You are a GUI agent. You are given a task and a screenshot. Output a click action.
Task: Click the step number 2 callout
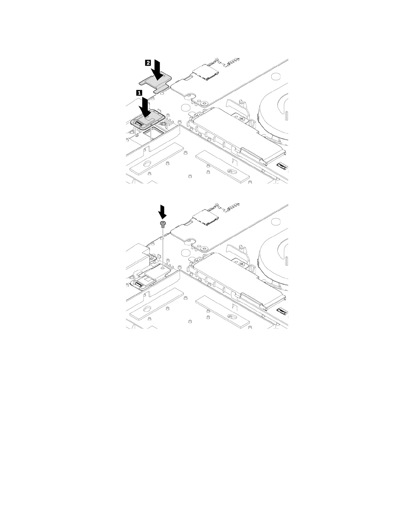point(148,63)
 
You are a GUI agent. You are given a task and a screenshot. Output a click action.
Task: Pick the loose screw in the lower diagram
point(163,224)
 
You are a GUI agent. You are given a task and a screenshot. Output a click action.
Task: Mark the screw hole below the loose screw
point(163,267)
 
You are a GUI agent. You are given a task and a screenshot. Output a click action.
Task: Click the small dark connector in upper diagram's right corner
point(283,166)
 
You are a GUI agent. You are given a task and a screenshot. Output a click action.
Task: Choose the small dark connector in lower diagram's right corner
point(283,311)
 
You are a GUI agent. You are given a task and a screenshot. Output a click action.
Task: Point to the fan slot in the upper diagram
point(286,118)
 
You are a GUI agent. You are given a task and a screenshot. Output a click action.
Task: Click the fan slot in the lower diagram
point(286,263)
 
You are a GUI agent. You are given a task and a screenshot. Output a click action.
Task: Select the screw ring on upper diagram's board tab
point(204,104)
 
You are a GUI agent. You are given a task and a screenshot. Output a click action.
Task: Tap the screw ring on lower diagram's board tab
point(204,249)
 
